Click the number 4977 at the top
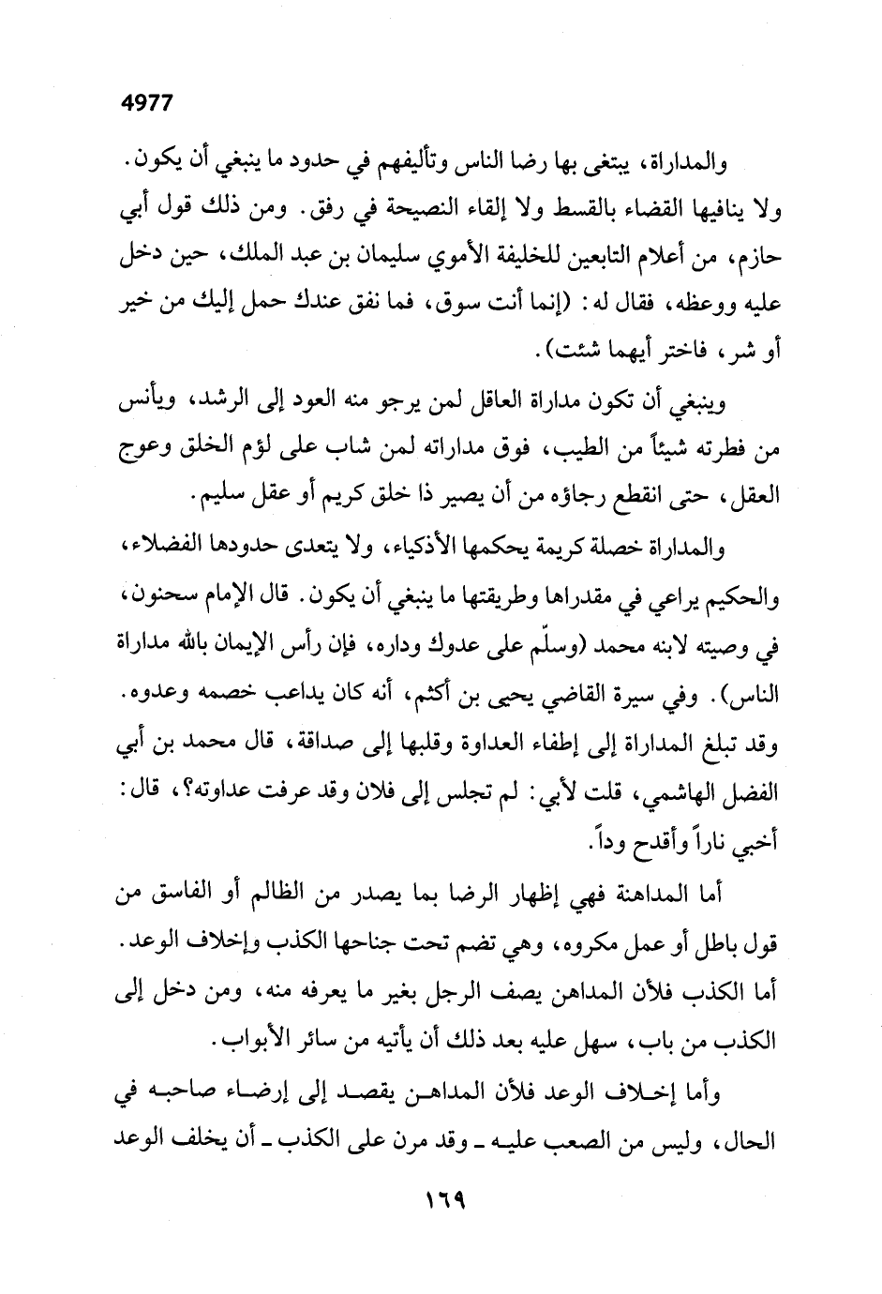coord(147,104)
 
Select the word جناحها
coord(330,944)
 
